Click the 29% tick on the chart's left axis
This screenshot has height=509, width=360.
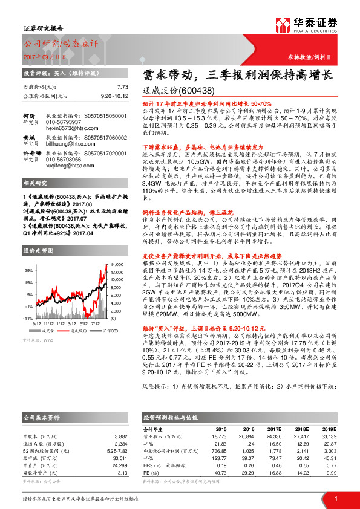[x=28, y=270]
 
